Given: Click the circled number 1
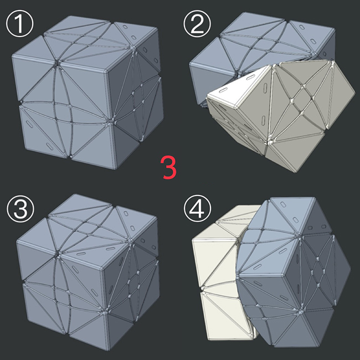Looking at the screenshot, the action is [x=19, y=23].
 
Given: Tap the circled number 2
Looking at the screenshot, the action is [x=197, y=23].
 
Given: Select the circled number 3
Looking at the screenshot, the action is [x=20, y=209].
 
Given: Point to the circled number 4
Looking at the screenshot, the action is [x=197, y=209].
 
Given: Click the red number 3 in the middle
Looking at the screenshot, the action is [x=169, y=167].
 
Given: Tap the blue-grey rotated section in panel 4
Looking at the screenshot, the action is [x=294, y=273].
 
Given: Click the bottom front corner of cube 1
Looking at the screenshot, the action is [x=114, y=169].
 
